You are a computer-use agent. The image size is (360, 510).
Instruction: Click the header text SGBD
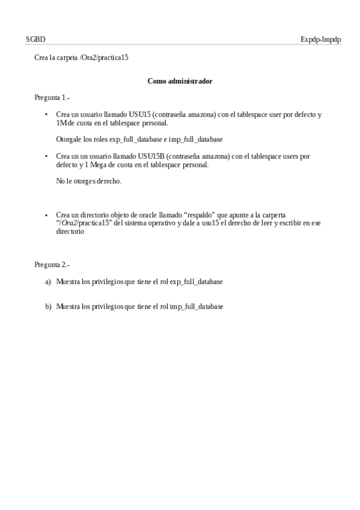pyautogui.click(x=35, y=39)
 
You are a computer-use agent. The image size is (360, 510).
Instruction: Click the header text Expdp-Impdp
pyautogui.click(x=320, y=39)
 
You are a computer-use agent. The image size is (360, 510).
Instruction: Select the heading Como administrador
pyautogui.click(x=180, y=81)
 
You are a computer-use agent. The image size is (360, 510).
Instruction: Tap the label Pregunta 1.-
pyautogui.click(x=52, y=97)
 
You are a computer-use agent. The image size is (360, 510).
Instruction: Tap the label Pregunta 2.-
pyautogui.click(x=52, y=264)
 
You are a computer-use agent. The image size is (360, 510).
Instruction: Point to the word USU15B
pyautogui.click(x=150, y=156)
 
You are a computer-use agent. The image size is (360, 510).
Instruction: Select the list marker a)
pyautogui.click(x=48, y=281)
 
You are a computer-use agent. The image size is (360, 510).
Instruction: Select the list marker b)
pyautogui.click(x=48, y=306)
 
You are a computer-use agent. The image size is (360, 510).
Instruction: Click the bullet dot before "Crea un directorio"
pyautogui.click(x=47, y=215)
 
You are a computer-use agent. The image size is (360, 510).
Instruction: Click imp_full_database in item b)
pyautogui.click(x=197, y=306)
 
